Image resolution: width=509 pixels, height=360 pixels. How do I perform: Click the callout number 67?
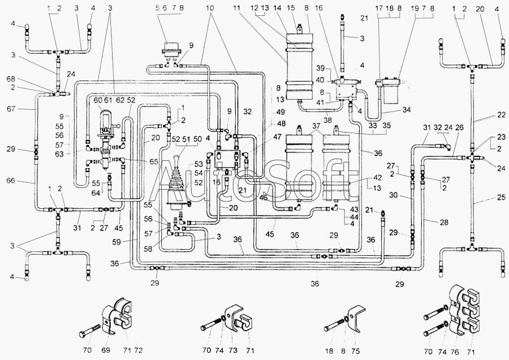12,109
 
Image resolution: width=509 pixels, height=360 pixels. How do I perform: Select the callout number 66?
12,182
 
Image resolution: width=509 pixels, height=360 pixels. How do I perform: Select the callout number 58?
148,248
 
